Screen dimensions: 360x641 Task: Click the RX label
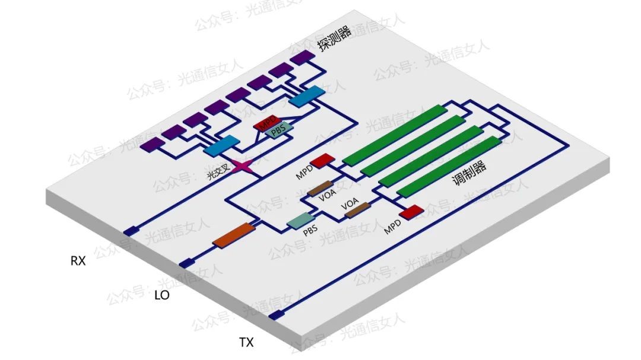pyautogui.click(x=78, y=260)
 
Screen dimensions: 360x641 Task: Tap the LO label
pyautogui.click(x=161, y=295)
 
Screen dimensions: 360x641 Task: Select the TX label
pyautogui.click(x=246, y=342)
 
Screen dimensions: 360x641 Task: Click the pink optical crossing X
pyautogui.click(x=243, y=167)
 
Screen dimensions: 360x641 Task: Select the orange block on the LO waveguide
pyautogui.click(x=233, y=235)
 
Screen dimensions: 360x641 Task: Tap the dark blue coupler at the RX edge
pyautogui.click(x=130, y=231)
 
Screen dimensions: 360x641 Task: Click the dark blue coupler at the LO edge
pyautogui.click(x=187, y=263)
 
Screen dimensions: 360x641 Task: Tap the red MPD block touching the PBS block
pyautogui.click(x=264, y=124)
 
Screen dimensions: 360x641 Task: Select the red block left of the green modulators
pyautogui.click(x=322, y=160)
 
